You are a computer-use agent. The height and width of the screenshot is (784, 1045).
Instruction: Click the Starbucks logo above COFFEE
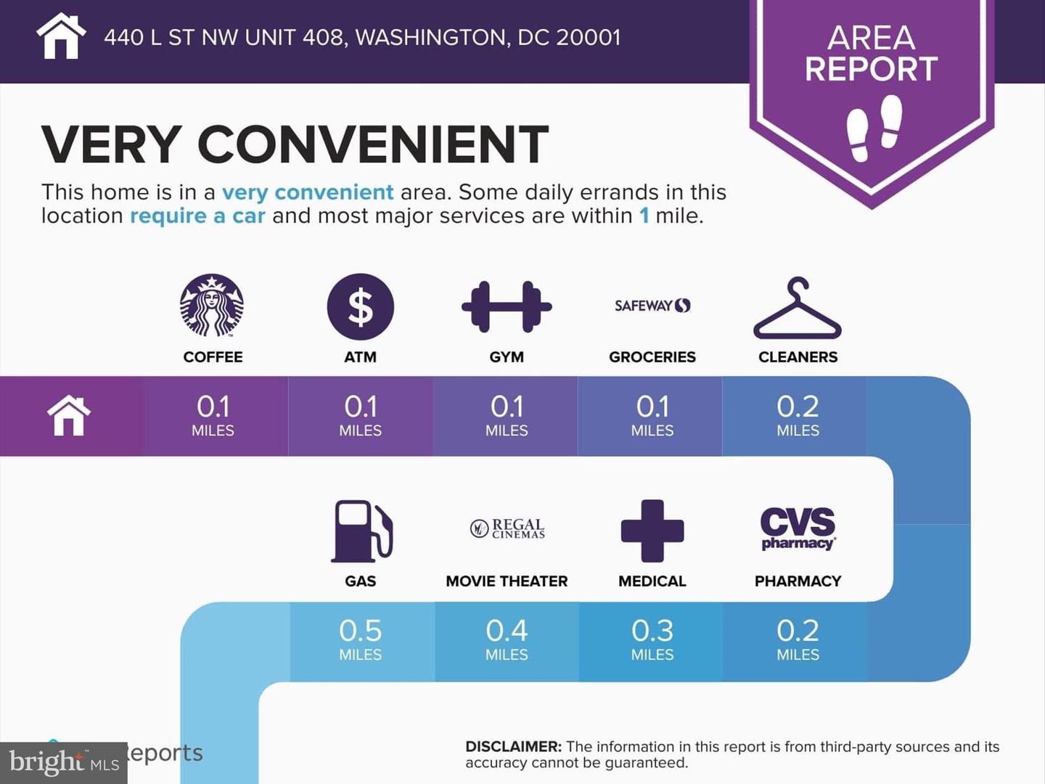pos(212,306)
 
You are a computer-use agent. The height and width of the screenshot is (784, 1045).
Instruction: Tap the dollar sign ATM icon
pos(361,306)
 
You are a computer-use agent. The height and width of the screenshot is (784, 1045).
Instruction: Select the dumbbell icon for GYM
pos(507,306)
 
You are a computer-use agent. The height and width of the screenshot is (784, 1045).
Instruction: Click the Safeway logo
pos(652,305)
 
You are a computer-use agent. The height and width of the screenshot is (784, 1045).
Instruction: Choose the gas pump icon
pos(362,531)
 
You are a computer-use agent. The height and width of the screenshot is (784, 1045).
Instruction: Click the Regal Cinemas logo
pos(507,528)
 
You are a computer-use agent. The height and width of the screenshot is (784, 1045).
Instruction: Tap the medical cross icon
pos(652,531)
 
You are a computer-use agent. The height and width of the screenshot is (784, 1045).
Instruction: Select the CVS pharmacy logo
pos(798,528)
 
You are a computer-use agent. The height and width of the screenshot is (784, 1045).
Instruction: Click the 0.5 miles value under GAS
pos(361,640)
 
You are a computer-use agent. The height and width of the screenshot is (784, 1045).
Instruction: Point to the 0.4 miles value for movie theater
pos(507,640)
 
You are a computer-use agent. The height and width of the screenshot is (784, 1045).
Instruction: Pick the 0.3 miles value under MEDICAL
pos(652,640)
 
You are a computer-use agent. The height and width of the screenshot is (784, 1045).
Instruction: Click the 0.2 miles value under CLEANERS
pos(798,415)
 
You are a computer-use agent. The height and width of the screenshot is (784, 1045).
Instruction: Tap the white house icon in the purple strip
pos(68,415)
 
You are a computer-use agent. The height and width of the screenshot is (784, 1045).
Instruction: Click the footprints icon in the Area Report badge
pos(874,128)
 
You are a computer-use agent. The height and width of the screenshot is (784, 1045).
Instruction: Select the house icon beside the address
pos(61,36)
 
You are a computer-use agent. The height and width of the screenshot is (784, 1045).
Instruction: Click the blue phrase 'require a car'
pos(197,216)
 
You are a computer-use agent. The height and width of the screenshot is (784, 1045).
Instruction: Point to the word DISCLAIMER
pos(514,746)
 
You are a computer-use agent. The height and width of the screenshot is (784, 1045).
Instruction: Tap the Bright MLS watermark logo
pos(64,762)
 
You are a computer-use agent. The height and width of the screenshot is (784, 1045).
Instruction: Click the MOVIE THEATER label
pos(507,581)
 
